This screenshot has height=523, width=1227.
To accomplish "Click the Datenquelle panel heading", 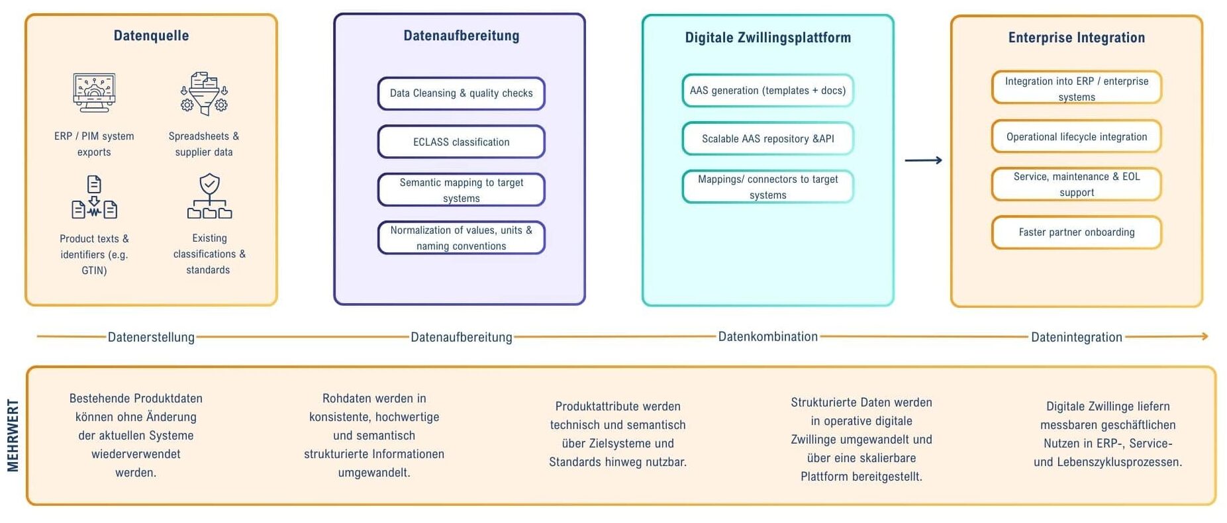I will coord(151,36).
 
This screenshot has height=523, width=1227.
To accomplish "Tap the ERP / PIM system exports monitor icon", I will coord(94,92).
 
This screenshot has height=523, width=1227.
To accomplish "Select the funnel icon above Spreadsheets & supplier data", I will coord(204,93).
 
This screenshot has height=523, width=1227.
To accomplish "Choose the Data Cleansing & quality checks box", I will coord(461,93).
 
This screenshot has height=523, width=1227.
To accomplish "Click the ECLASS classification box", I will coord(461,142).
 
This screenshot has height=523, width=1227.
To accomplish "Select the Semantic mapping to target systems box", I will coord(461,190).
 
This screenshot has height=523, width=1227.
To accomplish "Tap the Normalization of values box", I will coord(461,238).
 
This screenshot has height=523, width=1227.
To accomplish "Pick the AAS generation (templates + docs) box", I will coord(767,91).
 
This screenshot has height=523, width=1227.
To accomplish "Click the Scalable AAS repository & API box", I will coord(767,138).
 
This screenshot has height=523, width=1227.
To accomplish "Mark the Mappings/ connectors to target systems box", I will coord(767,187).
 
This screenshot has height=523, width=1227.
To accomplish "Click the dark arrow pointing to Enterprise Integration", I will coord(923,160).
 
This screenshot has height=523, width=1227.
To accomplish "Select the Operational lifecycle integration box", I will coord(1076,136).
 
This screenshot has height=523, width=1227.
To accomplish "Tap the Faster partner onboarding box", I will coord(1076,232).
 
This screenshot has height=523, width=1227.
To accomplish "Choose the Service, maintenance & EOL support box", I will coord(1076,184).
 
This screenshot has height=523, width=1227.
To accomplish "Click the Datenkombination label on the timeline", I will coord(767,336).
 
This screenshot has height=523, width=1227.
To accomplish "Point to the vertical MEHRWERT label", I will coord(13,436).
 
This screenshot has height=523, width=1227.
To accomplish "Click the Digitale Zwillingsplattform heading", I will coord(767,38).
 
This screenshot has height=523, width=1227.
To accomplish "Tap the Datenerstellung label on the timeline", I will coord(151,337).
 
